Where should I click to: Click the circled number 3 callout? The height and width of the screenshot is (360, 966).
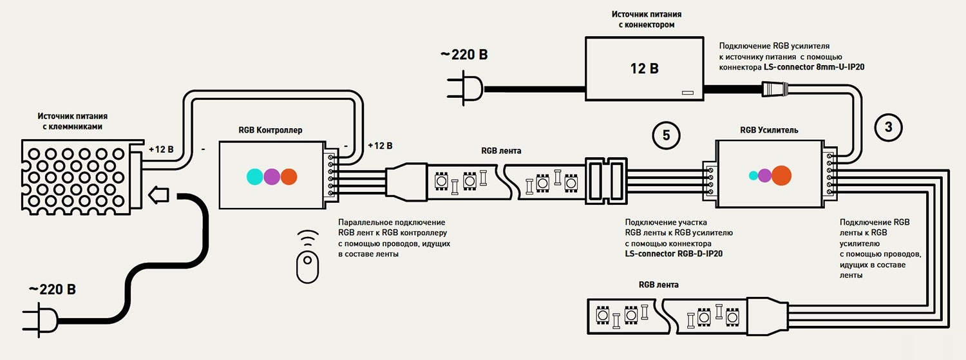click(x=889, y=127)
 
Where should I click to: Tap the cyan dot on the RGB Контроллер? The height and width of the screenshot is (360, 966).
click(x=255, y=176)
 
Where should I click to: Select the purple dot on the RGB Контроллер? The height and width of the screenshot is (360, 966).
click(x=272, y=176)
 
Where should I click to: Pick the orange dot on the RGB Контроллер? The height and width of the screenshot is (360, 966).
click(x=289, y=176)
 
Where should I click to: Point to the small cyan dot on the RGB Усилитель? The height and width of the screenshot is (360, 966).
click(x=753, y=175)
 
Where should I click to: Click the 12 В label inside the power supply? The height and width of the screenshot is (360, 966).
click(x=644, y=68)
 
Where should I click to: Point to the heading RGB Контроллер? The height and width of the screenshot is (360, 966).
click(x=270, y=130)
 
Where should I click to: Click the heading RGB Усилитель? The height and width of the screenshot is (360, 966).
click(x=769, y=130)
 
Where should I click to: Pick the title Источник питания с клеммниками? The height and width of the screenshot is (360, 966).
click(x=72, y=121)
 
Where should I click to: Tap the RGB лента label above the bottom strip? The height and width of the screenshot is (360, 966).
click(x=658, y=284)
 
